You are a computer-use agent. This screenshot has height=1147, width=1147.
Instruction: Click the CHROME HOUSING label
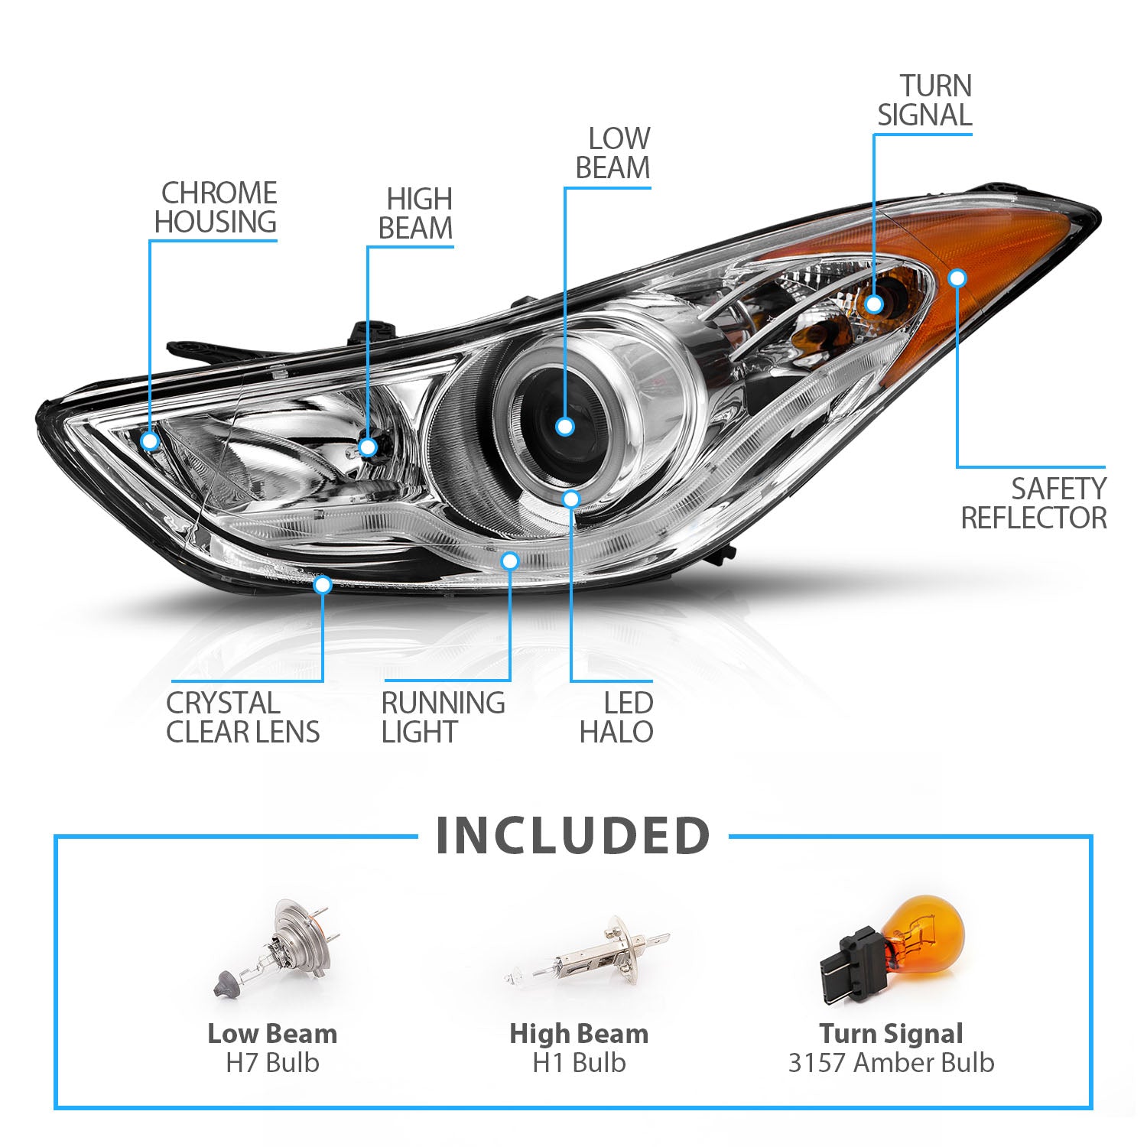click(216, 207)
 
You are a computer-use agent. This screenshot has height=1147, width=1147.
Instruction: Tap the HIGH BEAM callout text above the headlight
click(416, 214)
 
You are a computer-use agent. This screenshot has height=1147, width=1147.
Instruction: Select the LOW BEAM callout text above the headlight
click(613, 154)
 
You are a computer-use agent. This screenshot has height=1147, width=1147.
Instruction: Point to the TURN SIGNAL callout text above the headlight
click(924, 100)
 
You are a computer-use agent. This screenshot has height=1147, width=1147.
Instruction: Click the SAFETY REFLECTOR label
click(1034, 503)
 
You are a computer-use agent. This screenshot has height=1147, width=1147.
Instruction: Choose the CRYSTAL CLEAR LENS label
click(243, 717)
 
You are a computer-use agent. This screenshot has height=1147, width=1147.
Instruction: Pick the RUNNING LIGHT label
click(443, 717)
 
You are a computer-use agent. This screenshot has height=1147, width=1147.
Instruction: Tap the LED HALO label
click(616, 717)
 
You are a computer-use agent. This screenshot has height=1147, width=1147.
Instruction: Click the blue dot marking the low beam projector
click(565, 427)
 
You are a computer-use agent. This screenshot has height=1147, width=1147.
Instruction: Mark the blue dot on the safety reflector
click(957, 278)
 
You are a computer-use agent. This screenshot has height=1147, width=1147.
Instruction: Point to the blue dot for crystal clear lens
click(323, 585)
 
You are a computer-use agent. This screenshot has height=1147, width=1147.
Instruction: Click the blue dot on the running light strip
click(510, 561)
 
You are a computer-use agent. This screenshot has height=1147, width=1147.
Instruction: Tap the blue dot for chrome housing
click(150, 440)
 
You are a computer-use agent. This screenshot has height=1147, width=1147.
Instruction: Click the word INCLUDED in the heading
click(573, 836)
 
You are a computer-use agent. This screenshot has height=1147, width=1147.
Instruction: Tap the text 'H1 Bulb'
click(579, 1063)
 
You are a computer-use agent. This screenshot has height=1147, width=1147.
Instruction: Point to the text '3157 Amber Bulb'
click(891, 1063)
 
